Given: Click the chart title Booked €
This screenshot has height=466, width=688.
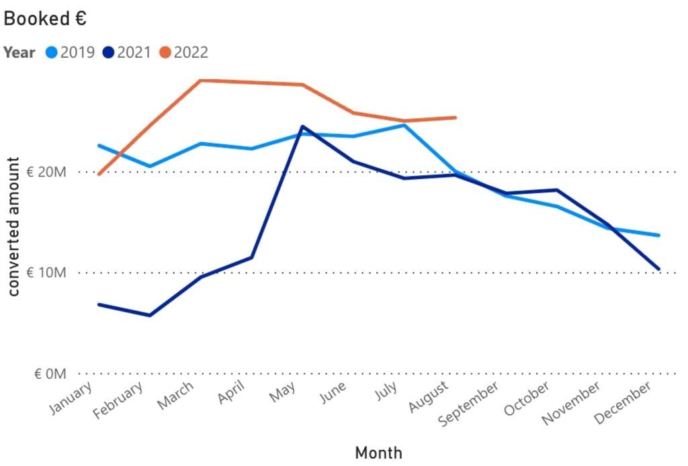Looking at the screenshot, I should pos(45,19).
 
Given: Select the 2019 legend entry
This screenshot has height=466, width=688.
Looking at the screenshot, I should pos(71,52).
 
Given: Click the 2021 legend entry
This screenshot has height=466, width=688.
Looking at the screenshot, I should pos(128,52).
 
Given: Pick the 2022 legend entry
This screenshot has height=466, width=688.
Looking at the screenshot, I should pos(184,52).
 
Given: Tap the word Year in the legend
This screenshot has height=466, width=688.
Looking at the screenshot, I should pos(19,52).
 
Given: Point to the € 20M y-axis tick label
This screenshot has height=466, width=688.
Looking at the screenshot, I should pos(46,172).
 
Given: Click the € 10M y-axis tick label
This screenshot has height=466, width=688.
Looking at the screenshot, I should pos(46,273).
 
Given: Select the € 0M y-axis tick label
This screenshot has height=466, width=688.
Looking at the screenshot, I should pos(50,373).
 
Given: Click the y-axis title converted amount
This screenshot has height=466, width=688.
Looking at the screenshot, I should pos(13,226).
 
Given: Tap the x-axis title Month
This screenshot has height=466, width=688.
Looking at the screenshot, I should pos(378,453).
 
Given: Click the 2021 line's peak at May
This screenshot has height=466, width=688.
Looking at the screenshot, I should pos(302,126).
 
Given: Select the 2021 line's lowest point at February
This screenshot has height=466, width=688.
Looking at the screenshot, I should pos(149,315).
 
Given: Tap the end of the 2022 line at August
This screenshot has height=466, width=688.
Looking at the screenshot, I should pos(456,118).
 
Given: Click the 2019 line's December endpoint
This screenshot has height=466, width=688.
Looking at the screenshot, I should pos(659,235).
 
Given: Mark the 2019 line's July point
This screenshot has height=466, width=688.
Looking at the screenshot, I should pos(404,125).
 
